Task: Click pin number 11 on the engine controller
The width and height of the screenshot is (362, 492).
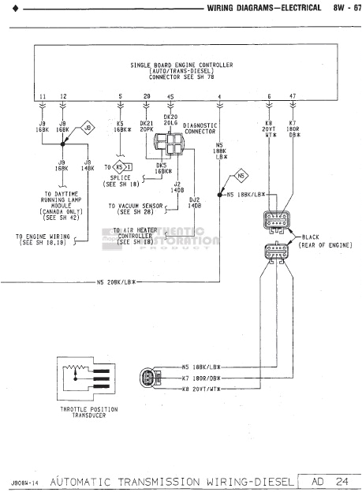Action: tap(43, 96)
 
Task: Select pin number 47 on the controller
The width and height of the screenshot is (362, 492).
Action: tap(293, 96)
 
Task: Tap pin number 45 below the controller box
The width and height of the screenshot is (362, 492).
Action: tap(171, 96)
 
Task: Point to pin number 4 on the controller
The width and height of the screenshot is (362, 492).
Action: tap(218, 96)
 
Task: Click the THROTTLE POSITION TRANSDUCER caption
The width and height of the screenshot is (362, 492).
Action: tap(88, 412)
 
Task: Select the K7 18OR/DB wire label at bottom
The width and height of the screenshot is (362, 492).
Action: tap(200, 378)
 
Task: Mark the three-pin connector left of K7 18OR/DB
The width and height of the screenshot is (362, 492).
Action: tap(149, 377)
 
